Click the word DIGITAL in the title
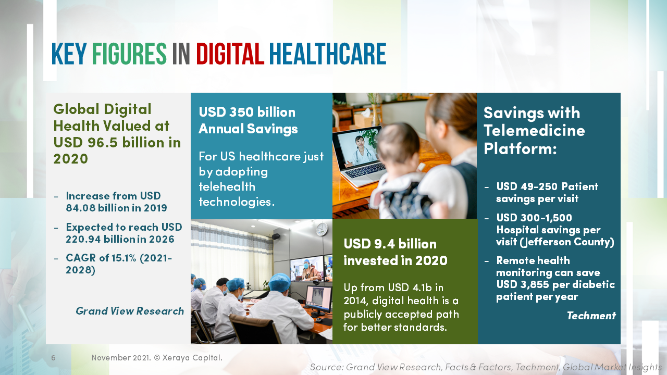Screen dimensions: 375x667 (x=230, y=54)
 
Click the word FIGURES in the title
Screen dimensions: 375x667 (x=129, y=54)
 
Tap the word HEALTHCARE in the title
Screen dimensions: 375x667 (x=327, y=54)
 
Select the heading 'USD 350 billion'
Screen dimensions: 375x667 (x=247, y=113)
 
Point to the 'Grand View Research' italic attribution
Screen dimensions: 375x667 (x=130, y=311)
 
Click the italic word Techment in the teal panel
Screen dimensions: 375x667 (x=591, y=316)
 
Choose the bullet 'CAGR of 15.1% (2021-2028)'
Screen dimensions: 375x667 (x=119, y=264)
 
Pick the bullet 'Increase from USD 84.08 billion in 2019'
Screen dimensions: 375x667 (x=116, y=202)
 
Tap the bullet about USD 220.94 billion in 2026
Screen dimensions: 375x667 (x=123, y=233)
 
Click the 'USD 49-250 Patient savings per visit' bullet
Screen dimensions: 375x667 (x=547, y=193)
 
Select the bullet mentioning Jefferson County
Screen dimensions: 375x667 (x=555, y=230)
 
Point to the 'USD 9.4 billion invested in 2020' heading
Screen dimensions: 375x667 (x=395, y=252)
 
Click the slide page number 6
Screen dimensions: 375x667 (x=53, y=358)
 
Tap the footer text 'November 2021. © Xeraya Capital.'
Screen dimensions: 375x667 (x=157, y=358)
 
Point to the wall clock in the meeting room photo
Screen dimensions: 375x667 (x=322, y=229)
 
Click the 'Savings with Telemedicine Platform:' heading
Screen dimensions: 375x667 (x=534, y=130)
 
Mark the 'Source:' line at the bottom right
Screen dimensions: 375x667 (x=486, y=367)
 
